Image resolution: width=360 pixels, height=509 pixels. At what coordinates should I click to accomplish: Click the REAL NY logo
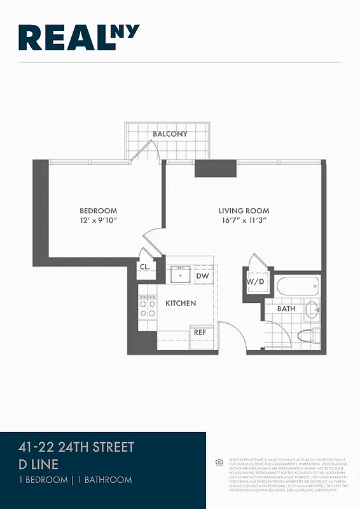[79, 38]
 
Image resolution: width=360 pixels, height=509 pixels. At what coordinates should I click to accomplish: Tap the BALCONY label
[170, 134]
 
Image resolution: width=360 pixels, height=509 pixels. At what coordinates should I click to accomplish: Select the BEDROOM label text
[98, 211]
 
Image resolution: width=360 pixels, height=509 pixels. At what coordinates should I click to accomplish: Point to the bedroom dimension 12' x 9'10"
[98, 221]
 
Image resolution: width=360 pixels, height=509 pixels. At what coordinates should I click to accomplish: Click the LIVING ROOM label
[244, 211]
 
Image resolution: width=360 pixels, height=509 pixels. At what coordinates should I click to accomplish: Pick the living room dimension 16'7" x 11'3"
[244, 221]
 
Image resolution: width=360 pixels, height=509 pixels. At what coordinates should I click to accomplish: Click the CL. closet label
[144, 267]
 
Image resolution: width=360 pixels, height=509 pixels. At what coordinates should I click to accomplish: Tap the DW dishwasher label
[202, 276]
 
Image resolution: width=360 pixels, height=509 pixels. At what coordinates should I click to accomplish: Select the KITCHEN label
[181, 303]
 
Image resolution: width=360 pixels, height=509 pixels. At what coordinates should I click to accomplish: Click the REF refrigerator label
[200, 332]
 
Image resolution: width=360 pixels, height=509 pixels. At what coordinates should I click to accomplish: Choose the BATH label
[286, 309]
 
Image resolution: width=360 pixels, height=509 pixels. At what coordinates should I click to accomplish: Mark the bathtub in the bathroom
[297, 285]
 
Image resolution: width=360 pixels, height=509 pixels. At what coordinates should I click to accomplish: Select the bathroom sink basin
[312, 310]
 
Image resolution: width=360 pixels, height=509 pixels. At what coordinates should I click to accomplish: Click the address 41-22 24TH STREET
[76, 447]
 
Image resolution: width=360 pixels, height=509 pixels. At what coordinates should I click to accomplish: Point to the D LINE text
[38, 464]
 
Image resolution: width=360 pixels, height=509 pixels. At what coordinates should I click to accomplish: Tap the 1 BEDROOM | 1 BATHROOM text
[75, 480]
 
